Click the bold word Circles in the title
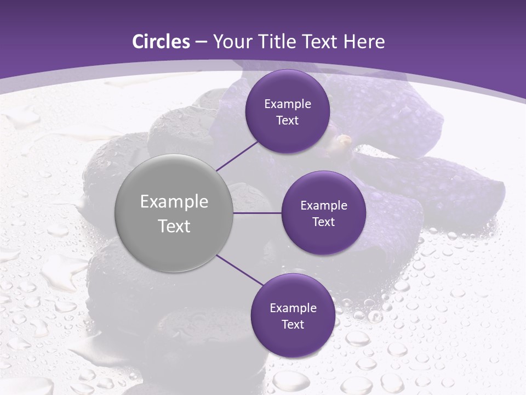161,42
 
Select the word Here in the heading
364,42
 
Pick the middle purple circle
324,239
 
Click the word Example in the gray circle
174,202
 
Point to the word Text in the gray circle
174,226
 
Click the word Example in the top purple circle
288,104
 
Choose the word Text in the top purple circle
287,121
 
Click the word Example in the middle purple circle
324,206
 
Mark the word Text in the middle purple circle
323,222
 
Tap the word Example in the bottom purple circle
293,308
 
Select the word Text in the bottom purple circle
293,325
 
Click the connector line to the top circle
237,156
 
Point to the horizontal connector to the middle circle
257,213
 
